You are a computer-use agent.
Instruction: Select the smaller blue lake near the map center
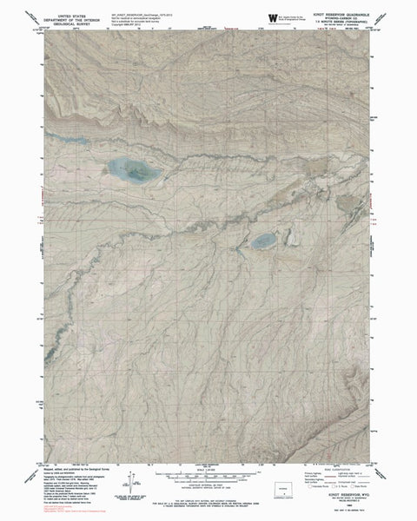[x=264, y=240]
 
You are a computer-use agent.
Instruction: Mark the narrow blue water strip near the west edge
[x=64, y=137]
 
